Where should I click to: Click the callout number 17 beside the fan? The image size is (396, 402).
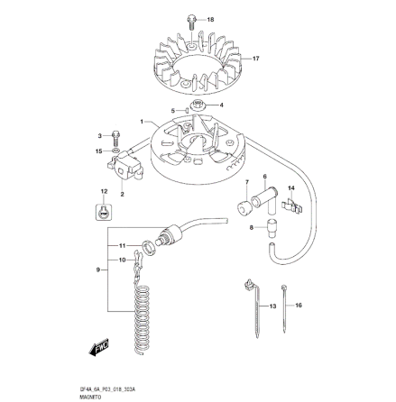pos(256,59)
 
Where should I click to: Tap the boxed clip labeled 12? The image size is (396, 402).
pos(105,212)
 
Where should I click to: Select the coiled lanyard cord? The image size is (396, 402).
pos(143,315)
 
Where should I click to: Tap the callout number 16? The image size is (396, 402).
pos(299,306)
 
